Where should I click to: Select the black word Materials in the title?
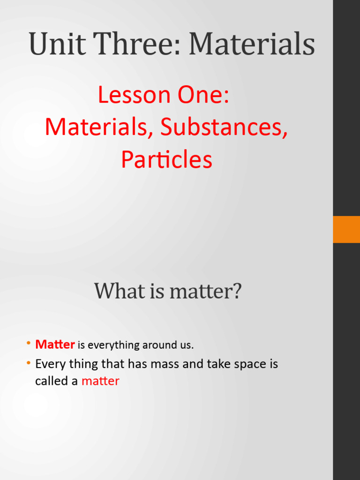click(252, 44)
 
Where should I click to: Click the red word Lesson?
click(133, 95)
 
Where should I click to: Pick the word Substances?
click(224, 127)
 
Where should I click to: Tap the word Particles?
click(166, 160)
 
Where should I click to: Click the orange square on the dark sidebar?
click(346, 229)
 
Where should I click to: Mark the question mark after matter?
click(237, 291)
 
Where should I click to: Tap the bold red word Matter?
click(55, 345)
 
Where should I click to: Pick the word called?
click(51, 381)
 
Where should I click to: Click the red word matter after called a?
click(100, 381)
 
